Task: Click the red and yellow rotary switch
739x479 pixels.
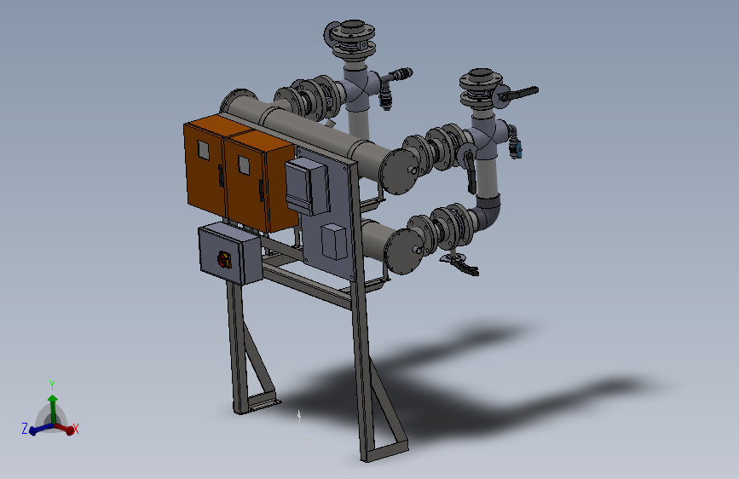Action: click(x=224, y=259)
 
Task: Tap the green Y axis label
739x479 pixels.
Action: click(x=52, y=385)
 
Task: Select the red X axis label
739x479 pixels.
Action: click(x=75, y=428)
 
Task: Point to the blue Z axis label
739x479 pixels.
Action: click(x=25, y=428)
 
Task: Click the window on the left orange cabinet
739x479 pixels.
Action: click(x=204, y=149)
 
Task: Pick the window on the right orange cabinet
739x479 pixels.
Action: click(x=244, y=164)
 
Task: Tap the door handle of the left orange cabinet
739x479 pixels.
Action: click(x=220, y=176)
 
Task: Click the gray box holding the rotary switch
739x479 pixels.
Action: click(x=229, y=254)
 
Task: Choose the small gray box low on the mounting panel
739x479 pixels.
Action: click(x=334, y=242)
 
